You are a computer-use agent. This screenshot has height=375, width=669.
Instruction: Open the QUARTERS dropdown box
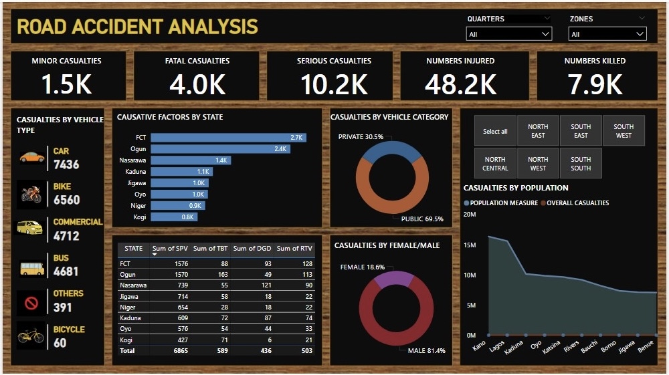click(x=508, y=34)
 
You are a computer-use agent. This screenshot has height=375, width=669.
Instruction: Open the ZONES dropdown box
click(x=607, y=34)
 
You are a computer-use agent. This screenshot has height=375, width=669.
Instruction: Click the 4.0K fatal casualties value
click(x=197, y=84)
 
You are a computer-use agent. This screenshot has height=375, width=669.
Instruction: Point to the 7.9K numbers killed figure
click(x=595, y=84)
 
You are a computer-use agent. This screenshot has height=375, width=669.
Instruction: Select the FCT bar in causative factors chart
click(x=228, y=138)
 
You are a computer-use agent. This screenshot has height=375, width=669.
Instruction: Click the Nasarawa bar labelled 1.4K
click(x=190, y=160)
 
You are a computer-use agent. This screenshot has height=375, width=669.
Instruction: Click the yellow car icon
click(x=31, y=157)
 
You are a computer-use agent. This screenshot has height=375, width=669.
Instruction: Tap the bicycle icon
click(x=31, y=336)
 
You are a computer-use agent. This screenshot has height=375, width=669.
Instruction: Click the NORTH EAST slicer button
click(x=538, y=131)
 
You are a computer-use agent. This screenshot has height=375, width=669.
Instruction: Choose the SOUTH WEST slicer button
click(x=624, y=131)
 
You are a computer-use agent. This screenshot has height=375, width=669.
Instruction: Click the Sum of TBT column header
click(x=210, y=249)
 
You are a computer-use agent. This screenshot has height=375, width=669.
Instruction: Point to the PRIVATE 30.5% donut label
click(x=361, y=136)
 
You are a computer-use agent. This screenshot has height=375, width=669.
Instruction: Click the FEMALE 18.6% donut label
click(x=362, y=267)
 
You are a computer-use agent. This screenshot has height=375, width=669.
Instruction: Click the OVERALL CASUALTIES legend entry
click(x=575, y=203)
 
